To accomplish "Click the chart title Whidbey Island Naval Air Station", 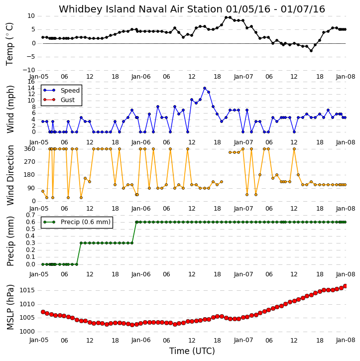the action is [140, 9].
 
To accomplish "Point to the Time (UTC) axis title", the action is [192, 351].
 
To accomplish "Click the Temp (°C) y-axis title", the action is [9, 44].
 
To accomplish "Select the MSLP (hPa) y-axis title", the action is [10, 307].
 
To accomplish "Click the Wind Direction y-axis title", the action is [10, 175].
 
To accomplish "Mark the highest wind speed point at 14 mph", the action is [205, 88].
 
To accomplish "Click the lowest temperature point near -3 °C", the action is [311, 51].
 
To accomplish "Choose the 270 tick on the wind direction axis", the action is [30, 162].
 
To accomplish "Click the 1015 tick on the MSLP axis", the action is [27, 290].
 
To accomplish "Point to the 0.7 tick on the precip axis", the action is [30, 215].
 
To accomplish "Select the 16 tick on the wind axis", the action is [31, 82].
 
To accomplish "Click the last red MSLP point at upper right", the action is [345, 286].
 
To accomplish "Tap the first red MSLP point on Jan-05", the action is [43, 312].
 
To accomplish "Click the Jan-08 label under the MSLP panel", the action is [346, 340].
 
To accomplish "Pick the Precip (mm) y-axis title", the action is [10, 241].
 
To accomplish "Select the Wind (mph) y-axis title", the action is [10, 109].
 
